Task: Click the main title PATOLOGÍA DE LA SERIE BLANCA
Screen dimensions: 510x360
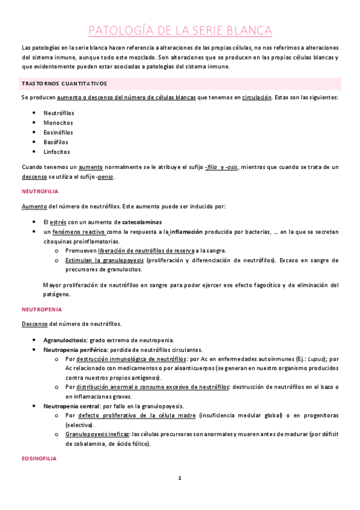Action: coord(180,31)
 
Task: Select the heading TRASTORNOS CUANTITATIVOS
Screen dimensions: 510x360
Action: coord(64,84)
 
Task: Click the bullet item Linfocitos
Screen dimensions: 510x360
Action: coord(56,152)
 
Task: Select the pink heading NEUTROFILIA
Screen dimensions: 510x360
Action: coord(38,192)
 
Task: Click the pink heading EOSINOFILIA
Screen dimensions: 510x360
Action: coord(38,459)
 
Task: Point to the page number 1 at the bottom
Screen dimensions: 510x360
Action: coord(179,478)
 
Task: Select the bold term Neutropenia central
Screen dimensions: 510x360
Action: coord(70,406)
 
